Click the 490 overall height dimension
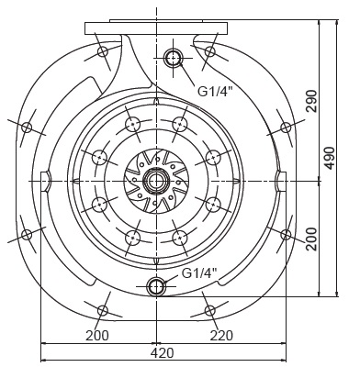coord(330,158)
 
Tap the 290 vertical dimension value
coord(312,101)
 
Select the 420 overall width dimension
coord(162,353)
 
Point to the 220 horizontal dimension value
coord(221,336)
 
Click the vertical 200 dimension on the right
coord(312,239)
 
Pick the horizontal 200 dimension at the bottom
coord(97,336)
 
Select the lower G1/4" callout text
coord(199,272)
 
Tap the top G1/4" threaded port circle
coord(174,58)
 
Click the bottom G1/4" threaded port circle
coord(156,286)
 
